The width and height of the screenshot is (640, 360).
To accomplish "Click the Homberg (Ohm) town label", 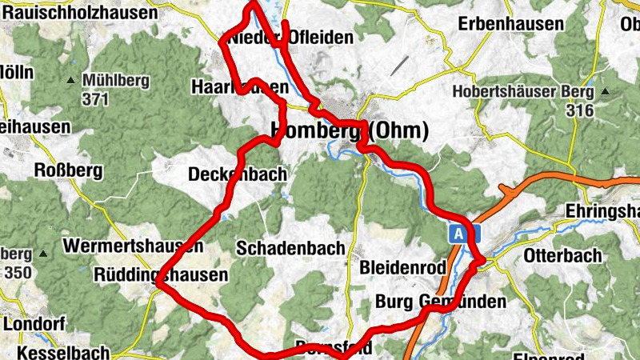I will click(350, 130).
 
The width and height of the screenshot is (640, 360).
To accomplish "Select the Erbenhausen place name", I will click(510, 24).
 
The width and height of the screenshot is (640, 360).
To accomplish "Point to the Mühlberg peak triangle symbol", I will click(71, 80).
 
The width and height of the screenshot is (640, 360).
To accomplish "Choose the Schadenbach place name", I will click(290, 248).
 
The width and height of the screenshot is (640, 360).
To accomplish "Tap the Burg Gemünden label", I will click(441, 302).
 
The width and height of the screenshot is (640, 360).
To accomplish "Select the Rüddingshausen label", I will click(162, 274).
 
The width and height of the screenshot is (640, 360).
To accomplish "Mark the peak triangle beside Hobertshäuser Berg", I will click(606, 91).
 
